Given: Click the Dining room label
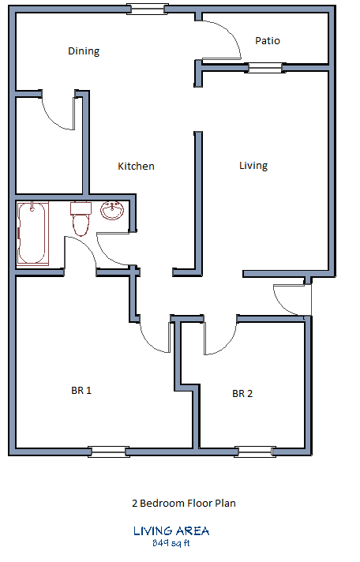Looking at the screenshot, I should point(84,51).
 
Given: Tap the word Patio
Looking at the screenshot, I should point(268,40).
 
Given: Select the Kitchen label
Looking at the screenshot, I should point(136,166).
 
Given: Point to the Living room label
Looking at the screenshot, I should point(253,165).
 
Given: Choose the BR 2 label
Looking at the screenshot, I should point(242,394).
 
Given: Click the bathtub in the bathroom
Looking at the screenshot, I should point(32,233).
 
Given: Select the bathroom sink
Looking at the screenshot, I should point(112,211).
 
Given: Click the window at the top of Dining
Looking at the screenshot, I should point(148,9).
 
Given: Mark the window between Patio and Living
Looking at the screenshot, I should point(264,69).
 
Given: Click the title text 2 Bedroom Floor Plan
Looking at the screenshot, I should point(183,502).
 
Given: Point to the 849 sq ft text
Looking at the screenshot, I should point(171,543).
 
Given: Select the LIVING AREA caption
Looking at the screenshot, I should point(171,531).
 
